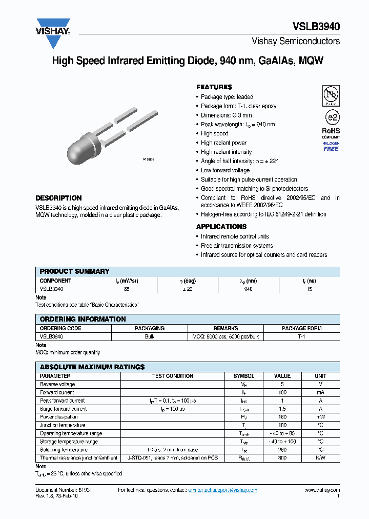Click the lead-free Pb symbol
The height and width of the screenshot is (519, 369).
(x=331, y=95)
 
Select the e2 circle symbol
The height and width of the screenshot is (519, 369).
(x=331, y=116)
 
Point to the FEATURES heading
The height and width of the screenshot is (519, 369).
(x=214, y=87)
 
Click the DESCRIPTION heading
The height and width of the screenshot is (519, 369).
(x=58, y=198)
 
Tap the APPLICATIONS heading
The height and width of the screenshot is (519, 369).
(x=221, y=227)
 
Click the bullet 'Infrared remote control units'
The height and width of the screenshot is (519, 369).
(x=234, y=236)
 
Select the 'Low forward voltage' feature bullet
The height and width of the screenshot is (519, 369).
(x=225, y=170)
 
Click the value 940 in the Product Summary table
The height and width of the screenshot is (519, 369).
(x=248, y=289)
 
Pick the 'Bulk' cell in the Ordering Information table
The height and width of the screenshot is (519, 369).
(x=149, y=337)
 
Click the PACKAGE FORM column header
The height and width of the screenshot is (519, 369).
(x=301, y=328)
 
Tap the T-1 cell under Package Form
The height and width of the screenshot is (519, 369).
(x=301, y=337)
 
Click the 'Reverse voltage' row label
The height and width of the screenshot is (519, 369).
(x=57, y=384)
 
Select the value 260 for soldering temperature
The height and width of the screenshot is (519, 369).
(x=282, y=450)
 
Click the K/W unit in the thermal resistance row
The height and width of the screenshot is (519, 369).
(x=320, y=458)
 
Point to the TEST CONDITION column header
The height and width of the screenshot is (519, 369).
(x=173, y=376)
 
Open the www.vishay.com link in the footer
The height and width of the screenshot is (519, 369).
(x=322, y=490)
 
